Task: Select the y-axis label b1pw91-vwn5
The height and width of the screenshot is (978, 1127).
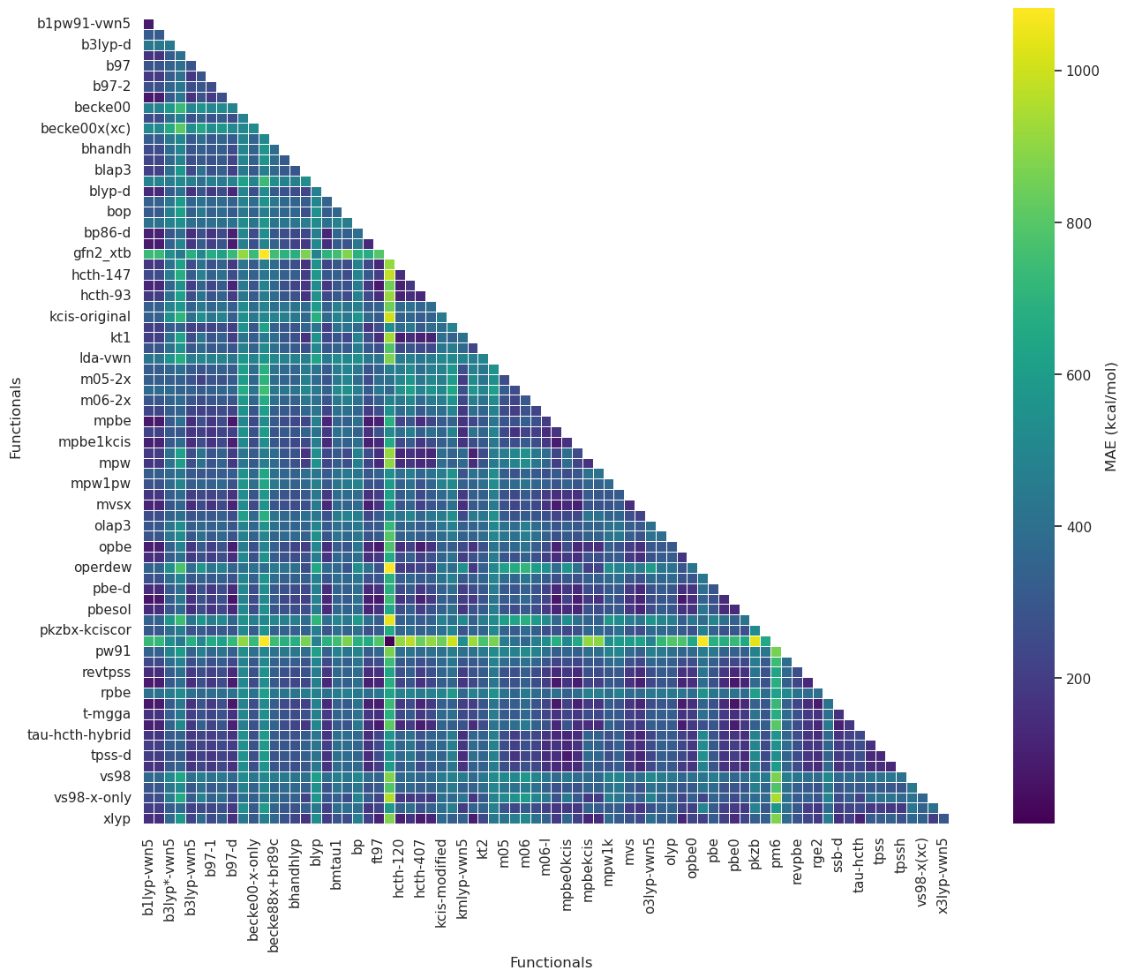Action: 84,24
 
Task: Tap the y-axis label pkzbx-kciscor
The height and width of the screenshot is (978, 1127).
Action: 86,630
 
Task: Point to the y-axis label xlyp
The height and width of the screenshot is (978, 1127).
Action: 116,818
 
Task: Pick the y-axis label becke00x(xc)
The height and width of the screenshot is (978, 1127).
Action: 86,129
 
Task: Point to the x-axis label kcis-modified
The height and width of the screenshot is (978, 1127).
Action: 441,884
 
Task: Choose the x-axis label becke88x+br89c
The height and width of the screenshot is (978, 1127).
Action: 274,890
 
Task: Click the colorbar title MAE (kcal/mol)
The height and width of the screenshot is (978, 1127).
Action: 1111,416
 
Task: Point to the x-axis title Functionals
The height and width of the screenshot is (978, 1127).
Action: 551,962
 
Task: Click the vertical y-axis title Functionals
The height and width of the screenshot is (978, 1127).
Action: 16,418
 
